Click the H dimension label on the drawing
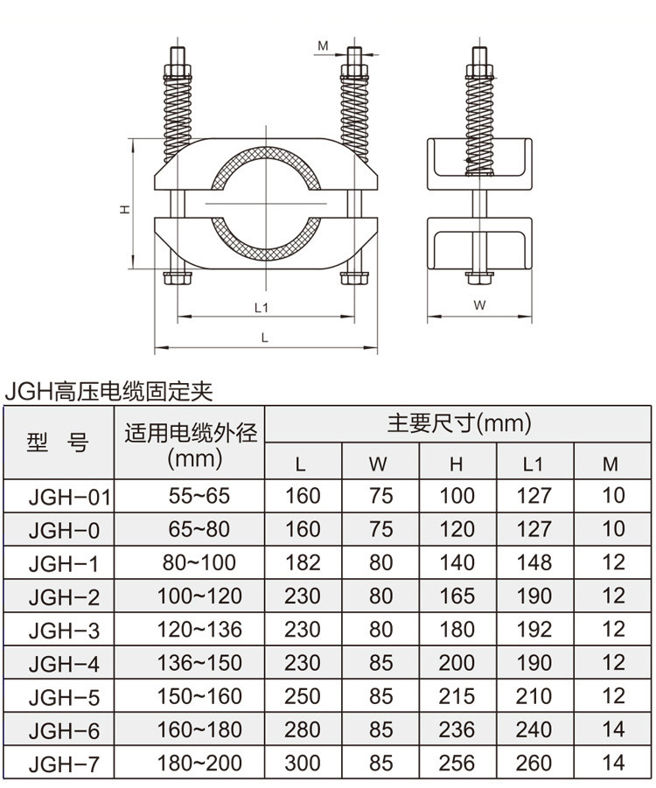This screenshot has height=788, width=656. [x=124, y=209]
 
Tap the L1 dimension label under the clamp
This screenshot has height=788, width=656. [x=260, y=307]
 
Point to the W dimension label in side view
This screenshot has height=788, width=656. [x=479, y=305]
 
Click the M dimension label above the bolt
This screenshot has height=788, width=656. [x=322, y=45]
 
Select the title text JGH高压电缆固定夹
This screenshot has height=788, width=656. [x=108, y=390]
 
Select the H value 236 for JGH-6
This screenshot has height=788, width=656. [x=457, y=729]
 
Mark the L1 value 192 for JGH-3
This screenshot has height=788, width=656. [x=534, y=629]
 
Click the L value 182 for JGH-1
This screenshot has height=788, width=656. [x=303, y=562]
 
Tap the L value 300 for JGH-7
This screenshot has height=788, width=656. [x=303, y=763]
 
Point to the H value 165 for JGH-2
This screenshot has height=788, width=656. [x=457, y=596]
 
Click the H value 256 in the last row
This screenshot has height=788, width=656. [x=457, y=763]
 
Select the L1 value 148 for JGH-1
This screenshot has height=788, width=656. [x=534, y=562]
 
